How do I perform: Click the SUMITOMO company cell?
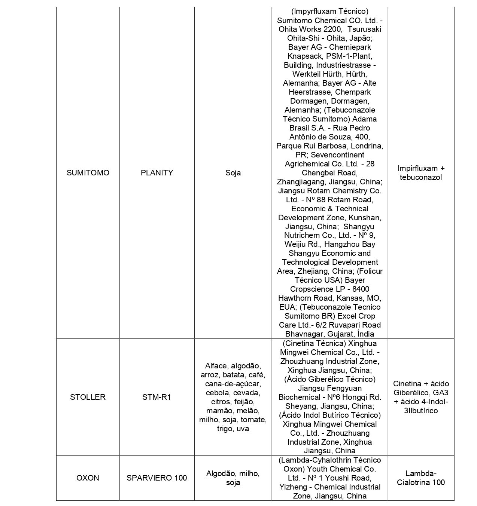88,173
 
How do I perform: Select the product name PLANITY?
157,173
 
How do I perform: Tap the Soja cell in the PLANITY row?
233,173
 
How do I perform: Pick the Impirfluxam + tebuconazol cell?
421,173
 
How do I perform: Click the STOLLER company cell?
88,397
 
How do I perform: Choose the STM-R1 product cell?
157,397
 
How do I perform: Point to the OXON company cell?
88,478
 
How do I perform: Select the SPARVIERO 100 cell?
157,478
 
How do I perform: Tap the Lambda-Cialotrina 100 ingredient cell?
421,478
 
